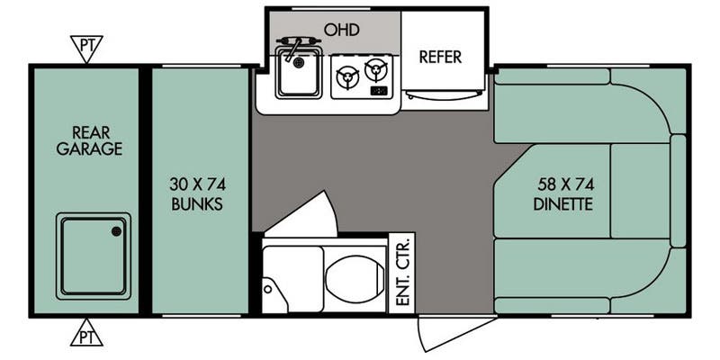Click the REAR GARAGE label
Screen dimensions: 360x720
click(88, 139)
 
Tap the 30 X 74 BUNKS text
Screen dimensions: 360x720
click(197, 193)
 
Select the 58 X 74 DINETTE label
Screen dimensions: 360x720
click(565, 193)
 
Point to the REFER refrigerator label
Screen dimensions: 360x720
click(440, 57)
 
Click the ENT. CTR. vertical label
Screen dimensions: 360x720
click(402, 271)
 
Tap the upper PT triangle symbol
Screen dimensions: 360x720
click(87, 47)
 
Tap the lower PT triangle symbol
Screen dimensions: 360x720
click(87, 333)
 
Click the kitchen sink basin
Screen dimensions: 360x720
click(298, 77)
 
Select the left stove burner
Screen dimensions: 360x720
click(346, 78)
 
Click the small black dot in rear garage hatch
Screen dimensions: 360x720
click(116, 231)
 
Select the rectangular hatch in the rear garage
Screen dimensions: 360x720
click(94, 256)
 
